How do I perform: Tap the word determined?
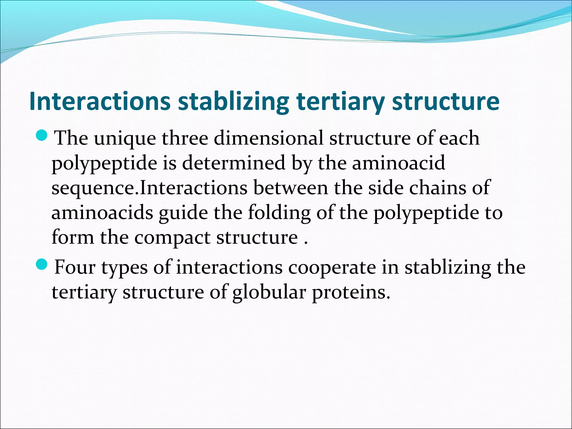(x=233, y=163)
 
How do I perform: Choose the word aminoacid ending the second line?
(x=398, y=163)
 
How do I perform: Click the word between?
(x=290, y=188)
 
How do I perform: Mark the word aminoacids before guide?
(x=102, y=212)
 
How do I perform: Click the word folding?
(x=279, y=212)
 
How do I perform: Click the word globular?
(x=269, y=292)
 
